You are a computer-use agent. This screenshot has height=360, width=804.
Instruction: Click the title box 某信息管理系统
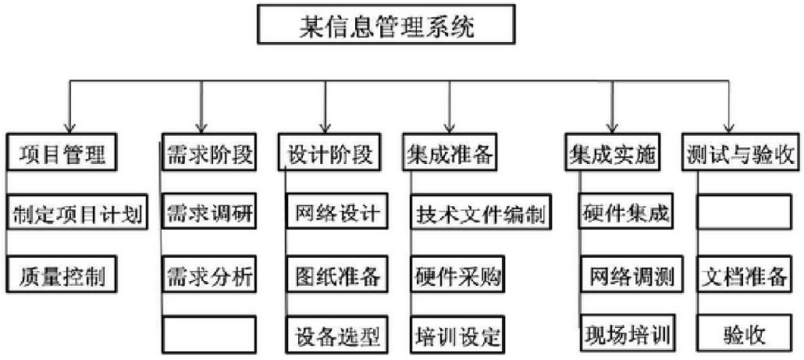tap(386, 24)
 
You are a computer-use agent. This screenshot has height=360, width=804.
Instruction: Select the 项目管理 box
tap(62, 151)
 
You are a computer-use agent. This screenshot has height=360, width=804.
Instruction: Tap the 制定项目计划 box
tap(77, 212)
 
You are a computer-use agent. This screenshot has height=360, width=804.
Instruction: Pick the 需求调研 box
tap(208, 212)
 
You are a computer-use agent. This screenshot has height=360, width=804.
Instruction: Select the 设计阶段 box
tap(329, 151)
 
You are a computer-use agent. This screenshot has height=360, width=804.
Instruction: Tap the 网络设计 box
tap(337, 212)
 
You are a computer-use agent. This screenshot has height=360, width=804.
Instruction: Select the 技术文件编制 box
tap(481, 212)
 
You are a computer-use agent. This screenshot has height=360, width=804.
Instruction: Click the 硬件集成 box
tap(626, 212)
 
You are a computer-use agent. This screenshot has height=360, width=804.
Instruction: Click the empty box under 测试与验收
tap(744, 212)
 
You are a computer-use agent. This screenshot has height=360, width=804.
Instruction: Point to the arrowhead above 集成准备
tap(449, 127)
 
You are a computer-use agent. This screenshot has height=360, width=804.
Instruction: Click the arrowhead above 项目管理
tap(69, 127)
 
